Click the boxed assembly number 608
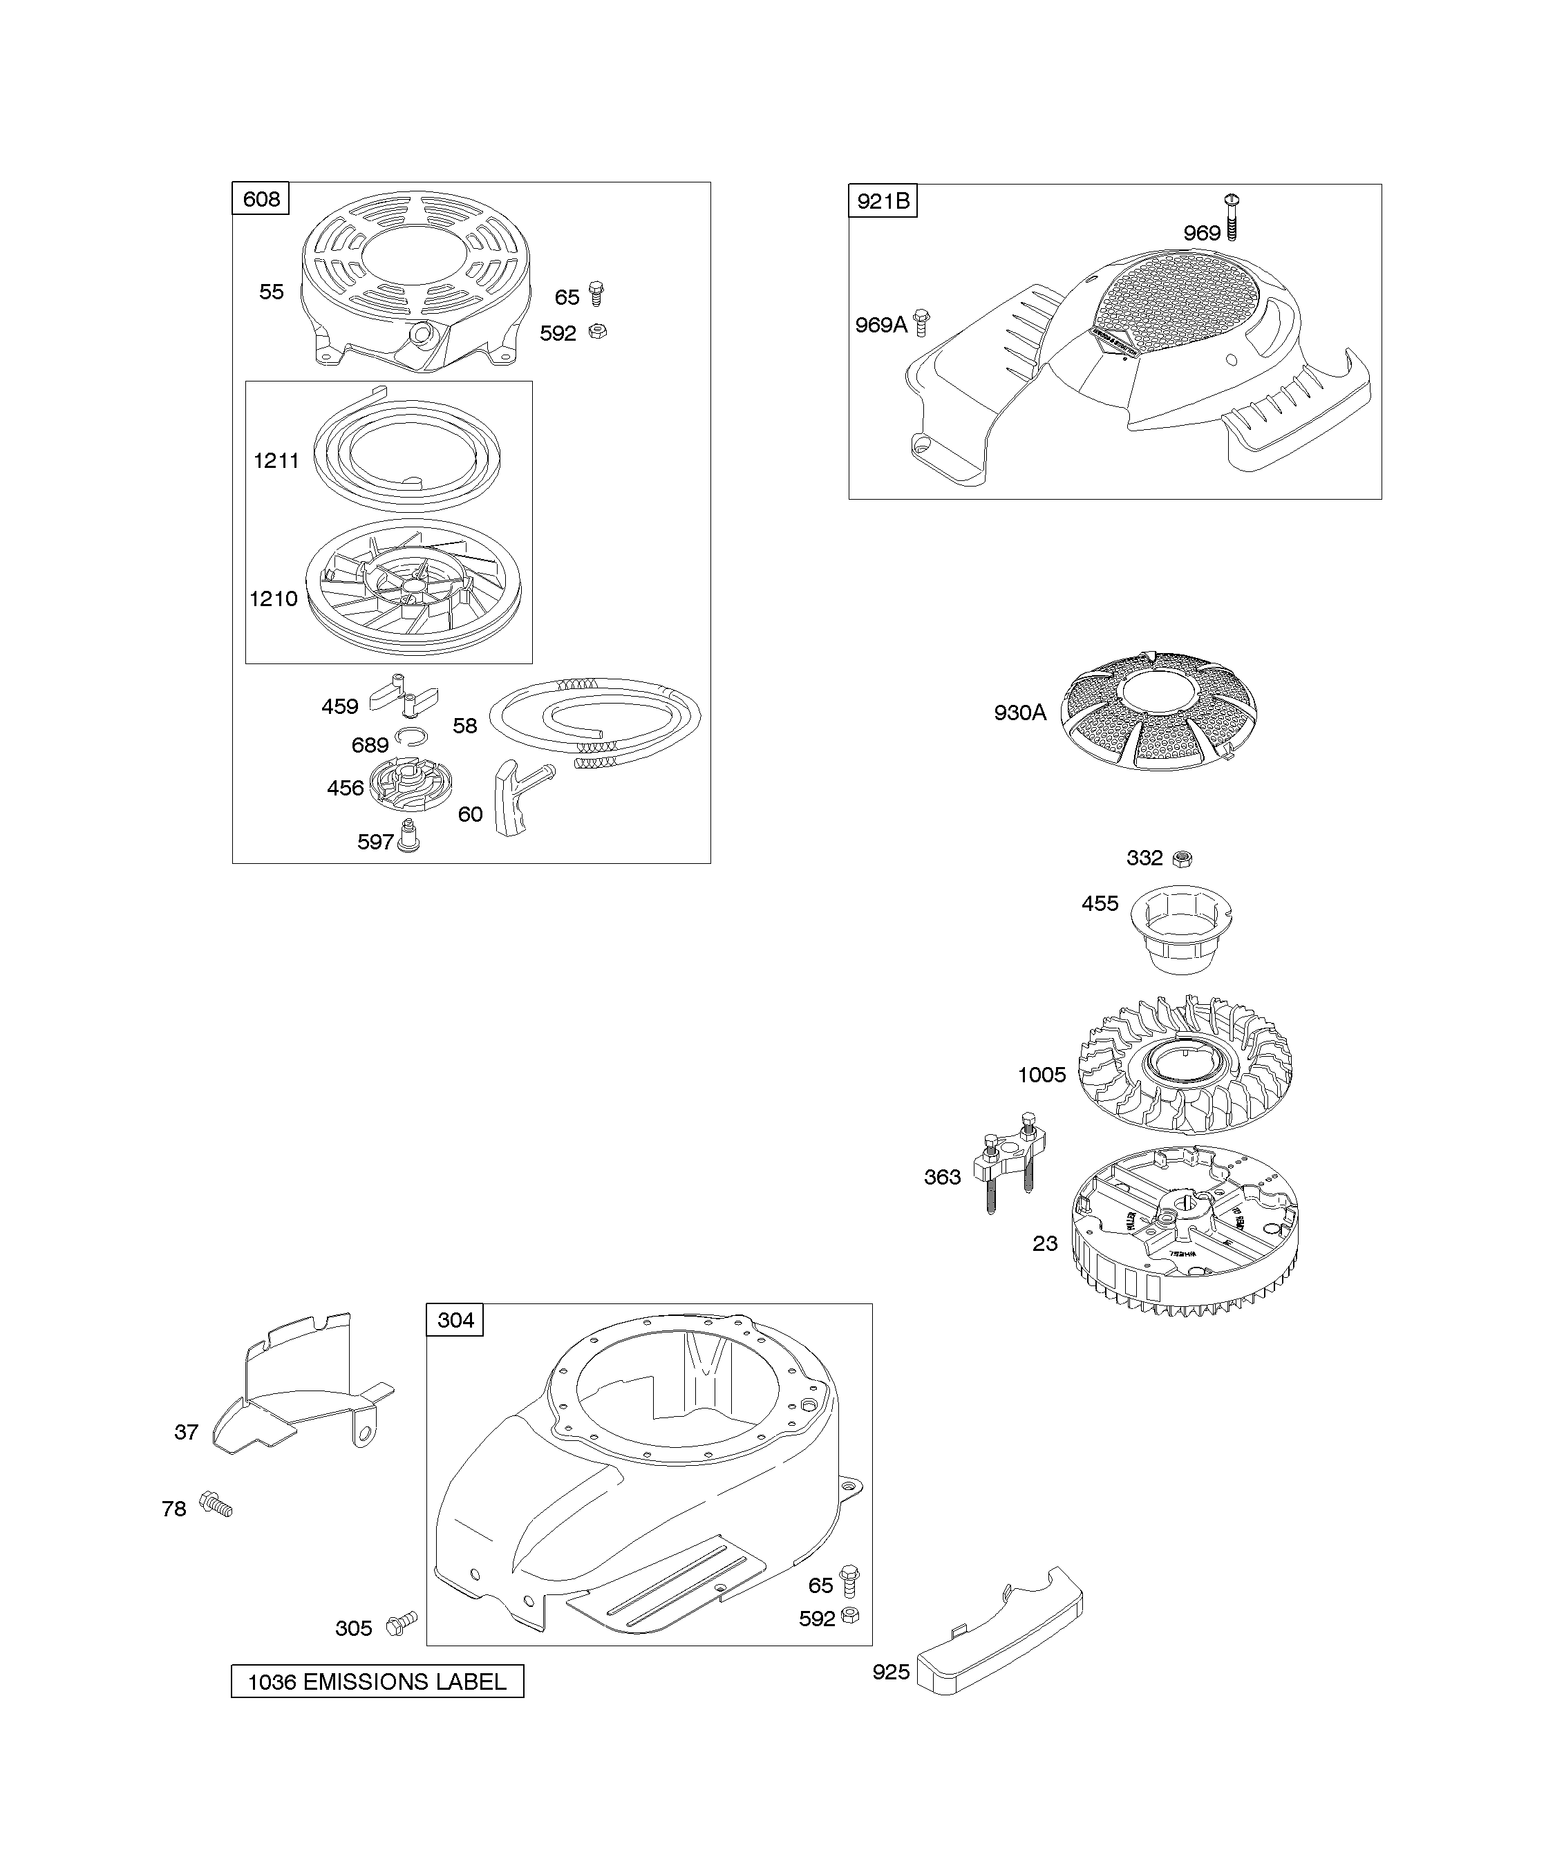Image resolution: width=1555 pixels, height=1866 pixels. coord(261,199)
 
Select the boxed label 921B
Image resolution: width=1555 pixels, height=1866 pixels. coord(883,202)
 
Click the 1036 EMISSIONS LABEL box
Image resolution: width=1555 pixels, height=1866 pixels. coord(377,1682)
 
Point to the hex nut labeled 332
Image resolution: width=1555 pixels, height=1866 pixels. coord(1182,858)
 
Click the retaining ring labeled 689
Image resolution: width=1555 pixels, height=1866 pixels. coord(411,734)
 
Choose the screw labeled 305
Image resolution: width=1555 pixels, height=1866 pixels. coord(401,1625)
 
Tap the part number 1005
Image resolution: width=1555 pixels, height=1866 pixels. coord(1042,1075)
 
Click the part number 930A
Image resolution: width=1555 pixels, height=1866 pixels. coord(1020,713)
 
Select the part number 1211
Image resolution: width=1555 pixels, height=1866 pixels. coord(276,460)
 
